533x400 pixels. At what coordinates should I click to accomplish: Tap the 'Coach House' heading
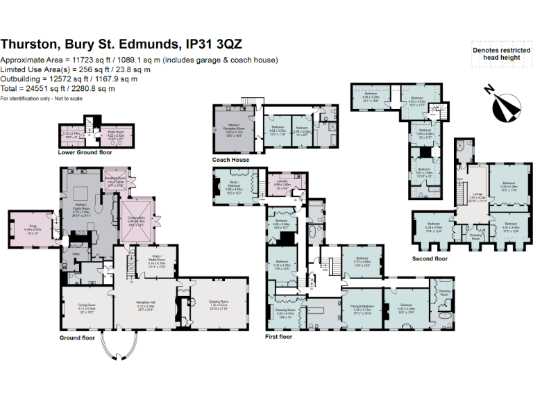pos(230,159)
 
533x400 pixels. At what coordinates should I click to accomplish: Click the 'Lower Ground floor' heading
pos(85,151)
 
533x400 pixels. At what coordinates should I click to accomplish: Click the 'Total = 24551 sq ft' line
pos(58,89)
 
